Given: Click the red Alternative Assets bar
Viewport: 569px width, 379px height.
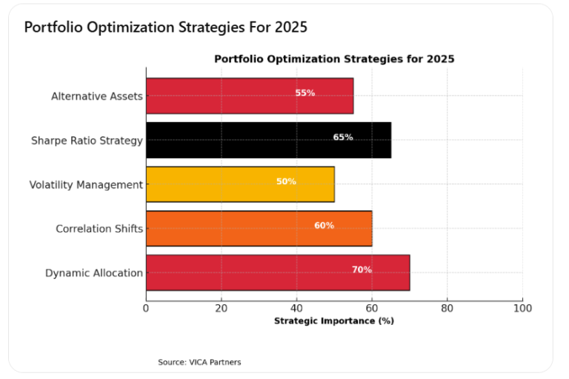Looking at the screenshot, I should click(249, 95).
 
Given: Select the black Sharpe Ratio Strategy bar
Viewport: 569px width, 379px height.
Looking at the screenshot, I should click(268, 140).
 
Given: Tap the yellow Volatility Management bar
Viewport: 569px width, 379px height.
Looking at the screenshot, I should click(240, 184).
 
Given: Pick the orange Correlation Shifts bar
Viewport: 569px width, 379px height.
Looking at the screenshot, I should click(259, 228).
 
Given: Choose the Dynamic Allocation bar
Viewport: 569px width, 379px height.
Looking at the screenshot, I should click(277, 272).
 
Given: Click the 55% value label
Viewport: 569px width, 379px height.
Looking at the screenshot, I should click(305, 93).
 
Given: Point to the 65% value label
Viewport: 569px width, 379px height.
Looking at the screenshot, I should click(342, 138).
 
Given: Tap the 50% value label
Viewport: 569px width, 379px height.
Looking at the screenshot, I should click(286, 181).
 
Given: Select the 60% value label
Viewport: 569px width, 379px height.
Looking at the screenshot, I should click(324, 226).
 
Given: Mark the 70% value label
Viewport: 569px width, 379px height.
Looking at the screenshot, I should click(362, 270).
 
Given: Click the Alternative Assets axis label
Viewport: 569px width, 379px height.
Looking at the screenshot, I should click(96, 96).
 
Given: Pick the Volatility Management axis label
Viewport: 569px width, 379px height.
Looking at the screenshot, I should click(85, 185).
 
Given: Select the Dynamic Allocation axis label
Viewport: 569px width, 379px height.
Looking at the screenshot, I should click(93, 273).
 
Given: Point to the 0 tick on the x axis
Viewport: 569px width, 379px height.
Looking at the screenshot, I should click(146, 307).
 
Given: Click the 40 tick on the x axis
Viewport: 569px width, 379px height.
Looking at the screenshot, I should click(296, 307).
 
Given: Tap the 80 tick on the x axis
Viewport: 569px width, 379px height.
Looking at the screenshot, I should click(447, 307).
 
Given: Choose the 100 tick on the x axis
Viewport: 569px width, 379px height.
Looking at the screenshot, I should click(522, 307).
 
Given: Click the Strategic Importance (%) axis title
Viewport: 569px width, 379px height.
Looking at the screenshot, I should click(333, 321).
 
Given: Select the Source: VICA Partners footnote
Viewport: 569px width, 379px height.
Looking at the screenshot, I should click(199, 362).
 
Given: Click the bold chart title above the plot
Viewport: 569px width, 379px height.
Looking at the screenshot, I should click(334, 58).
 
